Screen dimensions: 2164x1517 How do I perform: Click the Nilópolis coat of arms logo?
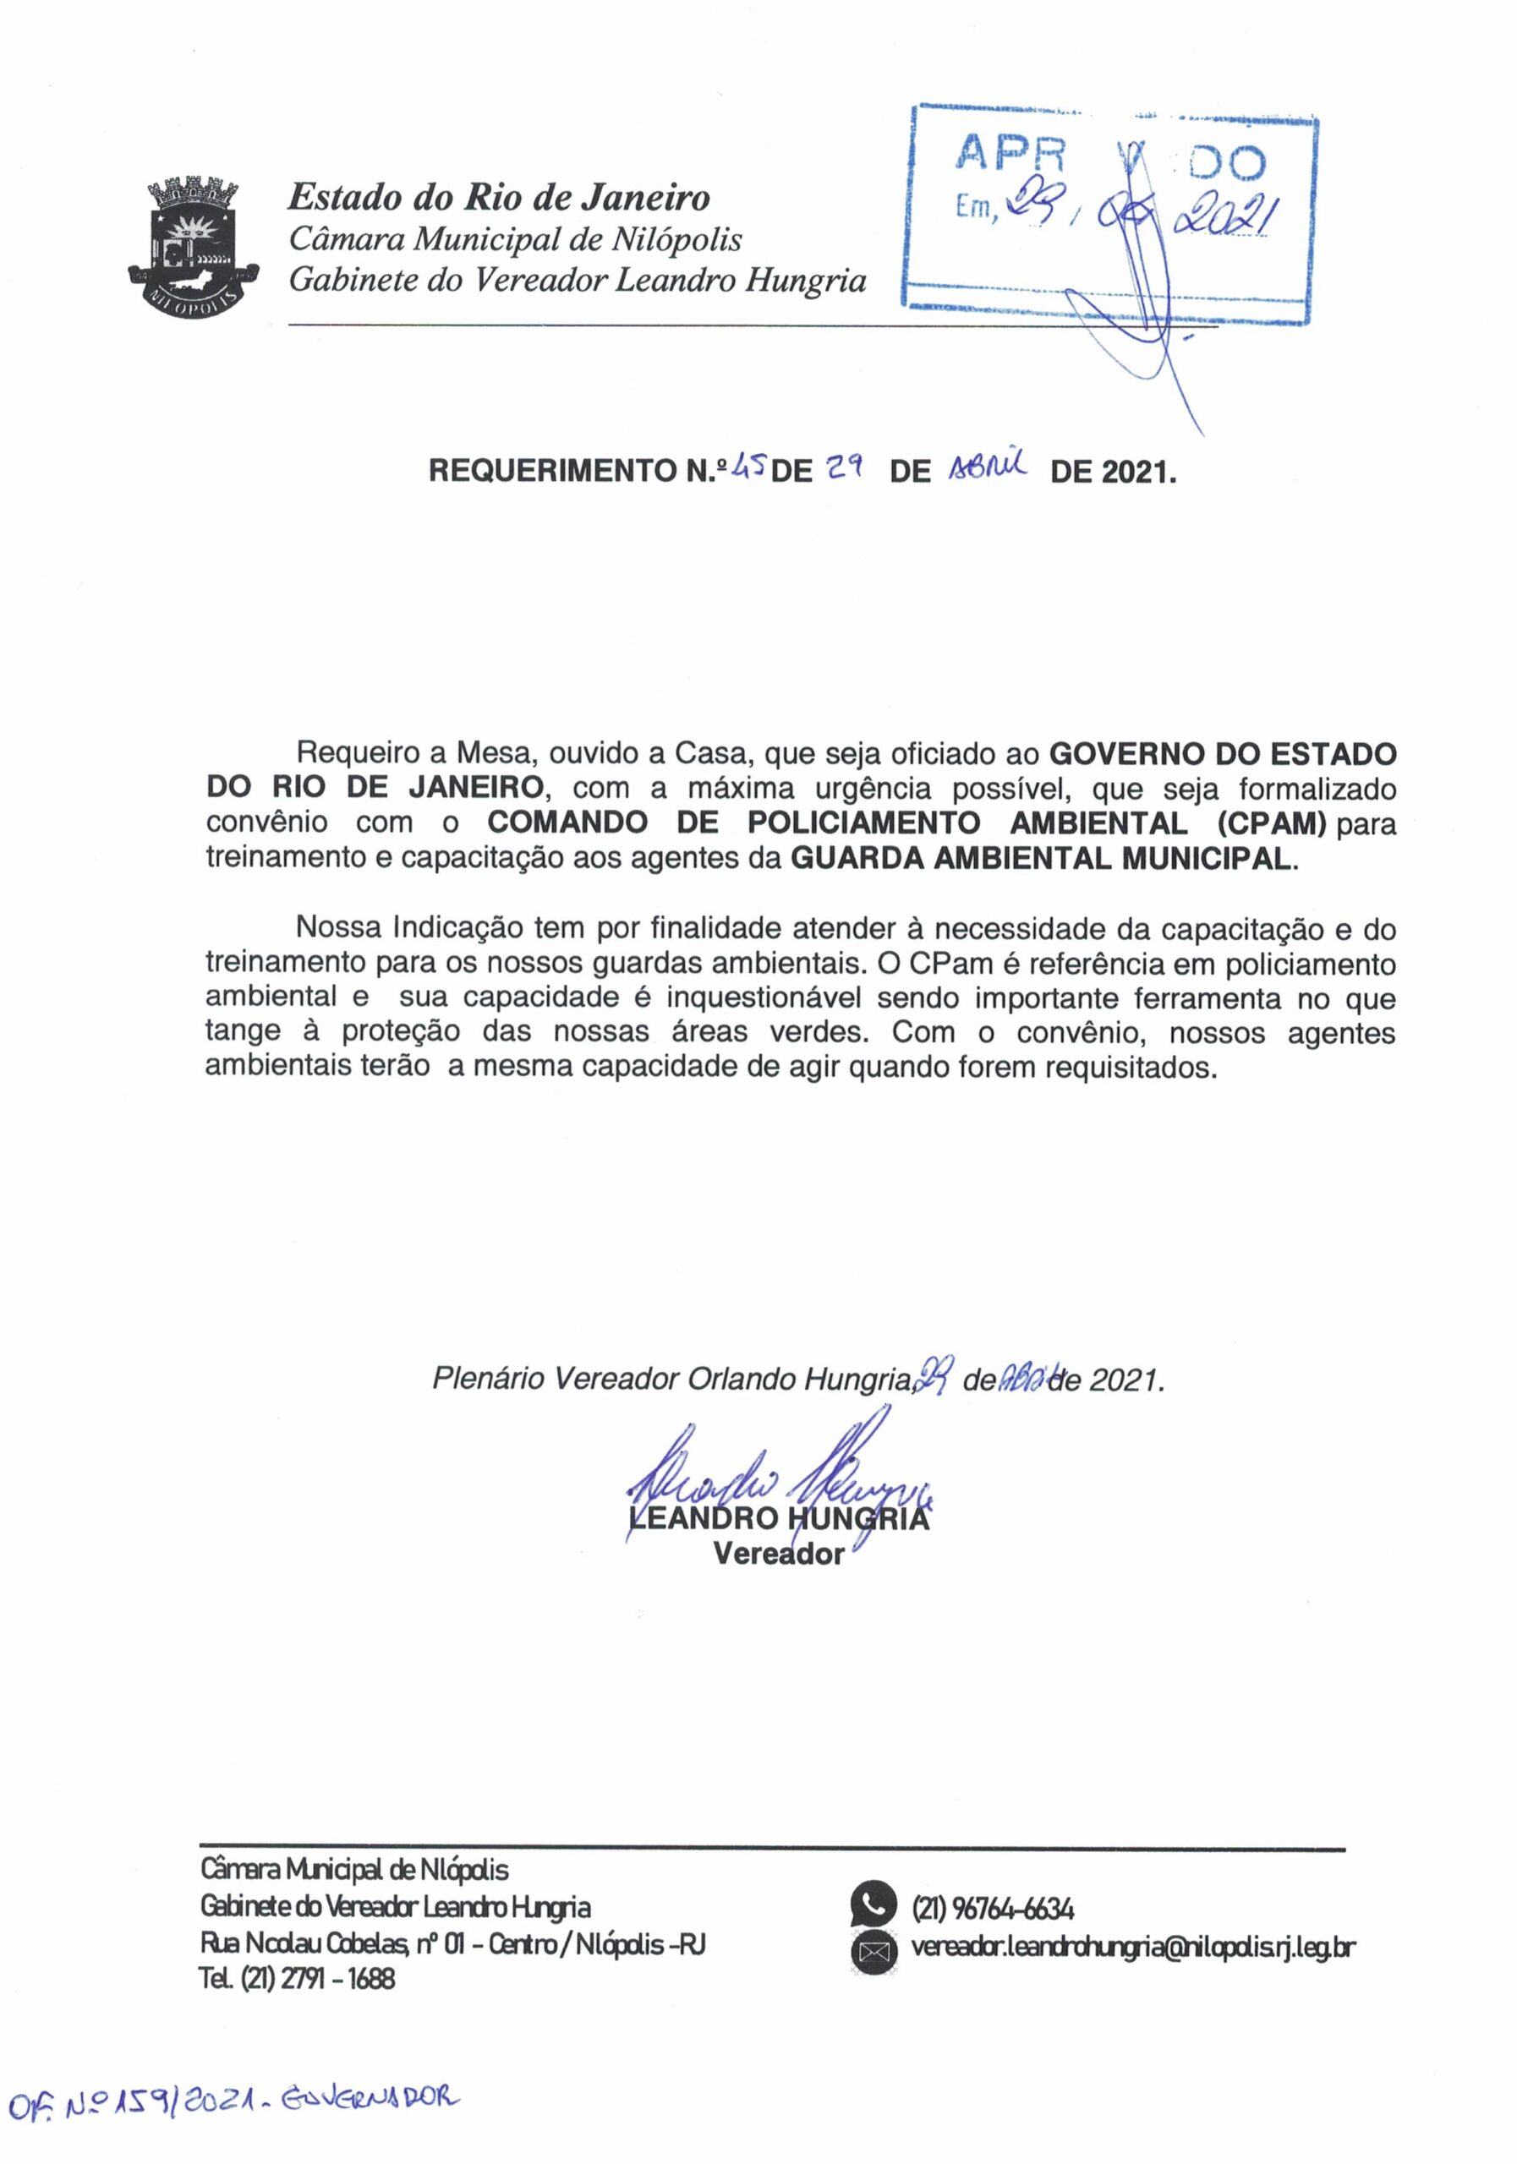[x=195, y=243]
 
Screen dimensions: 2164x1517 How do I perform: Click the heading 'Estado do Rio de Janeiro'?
[x=499, y=198]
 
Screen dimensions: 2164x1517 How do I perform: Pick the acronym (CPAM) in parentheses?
[x=1271, y=823]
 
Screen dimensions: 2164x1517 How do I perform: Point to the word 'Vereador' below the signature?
[x=778, y=1553]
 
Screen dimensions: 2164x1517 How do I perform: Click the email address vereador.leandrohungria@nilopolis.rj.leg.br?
[x=1132, y=1949]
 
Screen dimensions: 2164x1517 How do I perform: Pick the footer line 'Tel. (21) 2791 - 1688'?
[x=297, y=1979]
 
